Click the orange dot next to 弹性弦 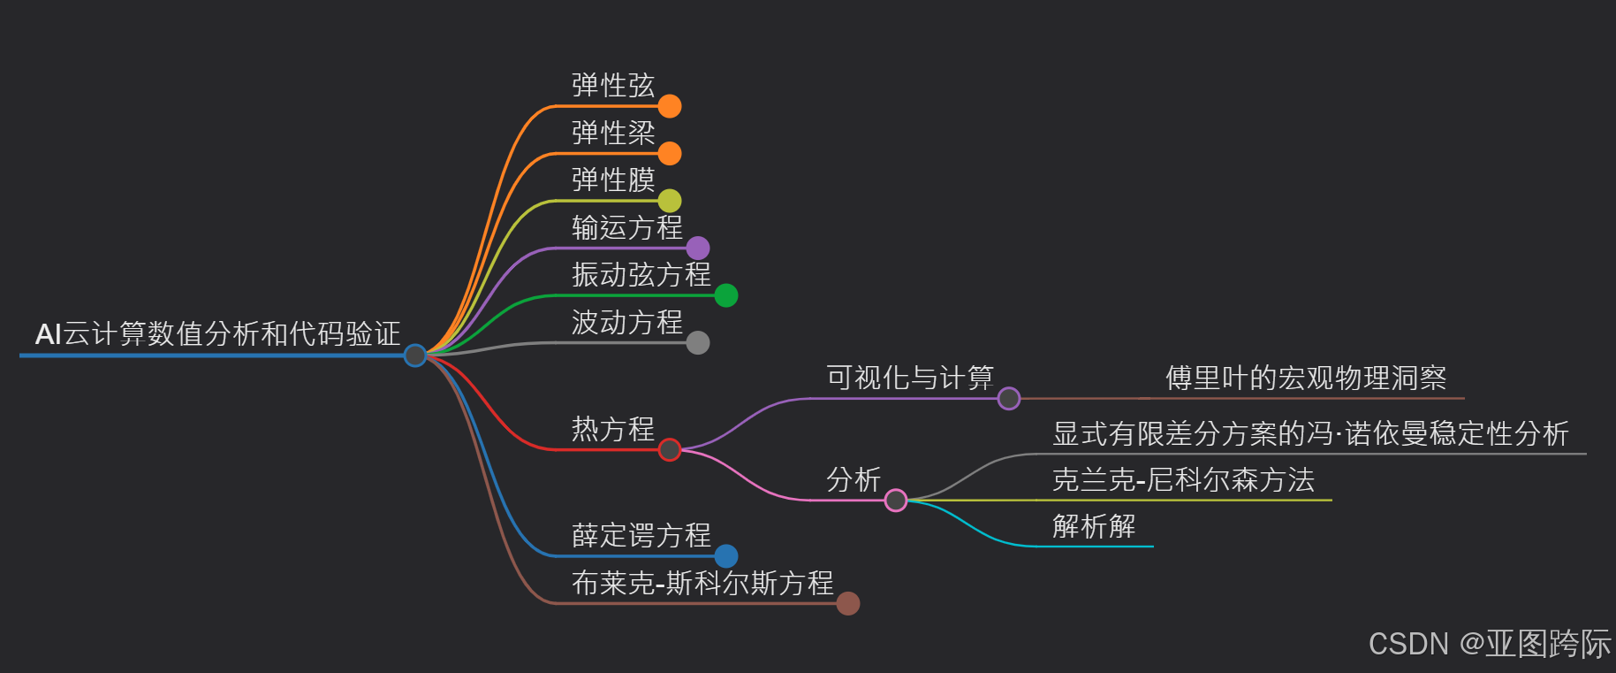coord(670,106)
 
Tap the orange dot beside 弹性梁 coord(670,154)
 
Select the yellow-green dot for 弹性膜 coord(670,201)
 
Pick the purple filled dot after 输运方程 coord(698,249)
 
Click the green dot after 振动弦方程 coord(726,295)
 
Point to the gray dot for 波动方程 coord(698,342)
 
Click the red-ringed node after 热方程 coord(670,450)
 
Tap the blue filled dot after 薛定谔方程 coord(726,556)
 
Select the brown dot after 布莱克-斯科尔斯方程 coord(848,603)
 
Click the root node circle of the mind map coord(415,356)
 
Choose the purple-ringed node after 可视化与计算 coord(1009,399)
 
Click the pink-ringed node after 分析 coord(896,501)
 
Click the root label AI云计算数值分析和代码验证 coord(217,334)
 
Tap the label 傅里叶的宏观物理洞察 coord(1306,379)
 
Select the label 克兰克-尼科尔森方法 coord(1183,480)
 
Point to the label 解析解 coord(1094,527)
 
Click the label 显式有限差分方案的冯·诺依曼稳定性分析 coord(1310,434)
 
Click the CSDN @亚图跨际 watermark coord(1490,644)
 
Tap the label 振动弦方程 coord(641,275)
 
